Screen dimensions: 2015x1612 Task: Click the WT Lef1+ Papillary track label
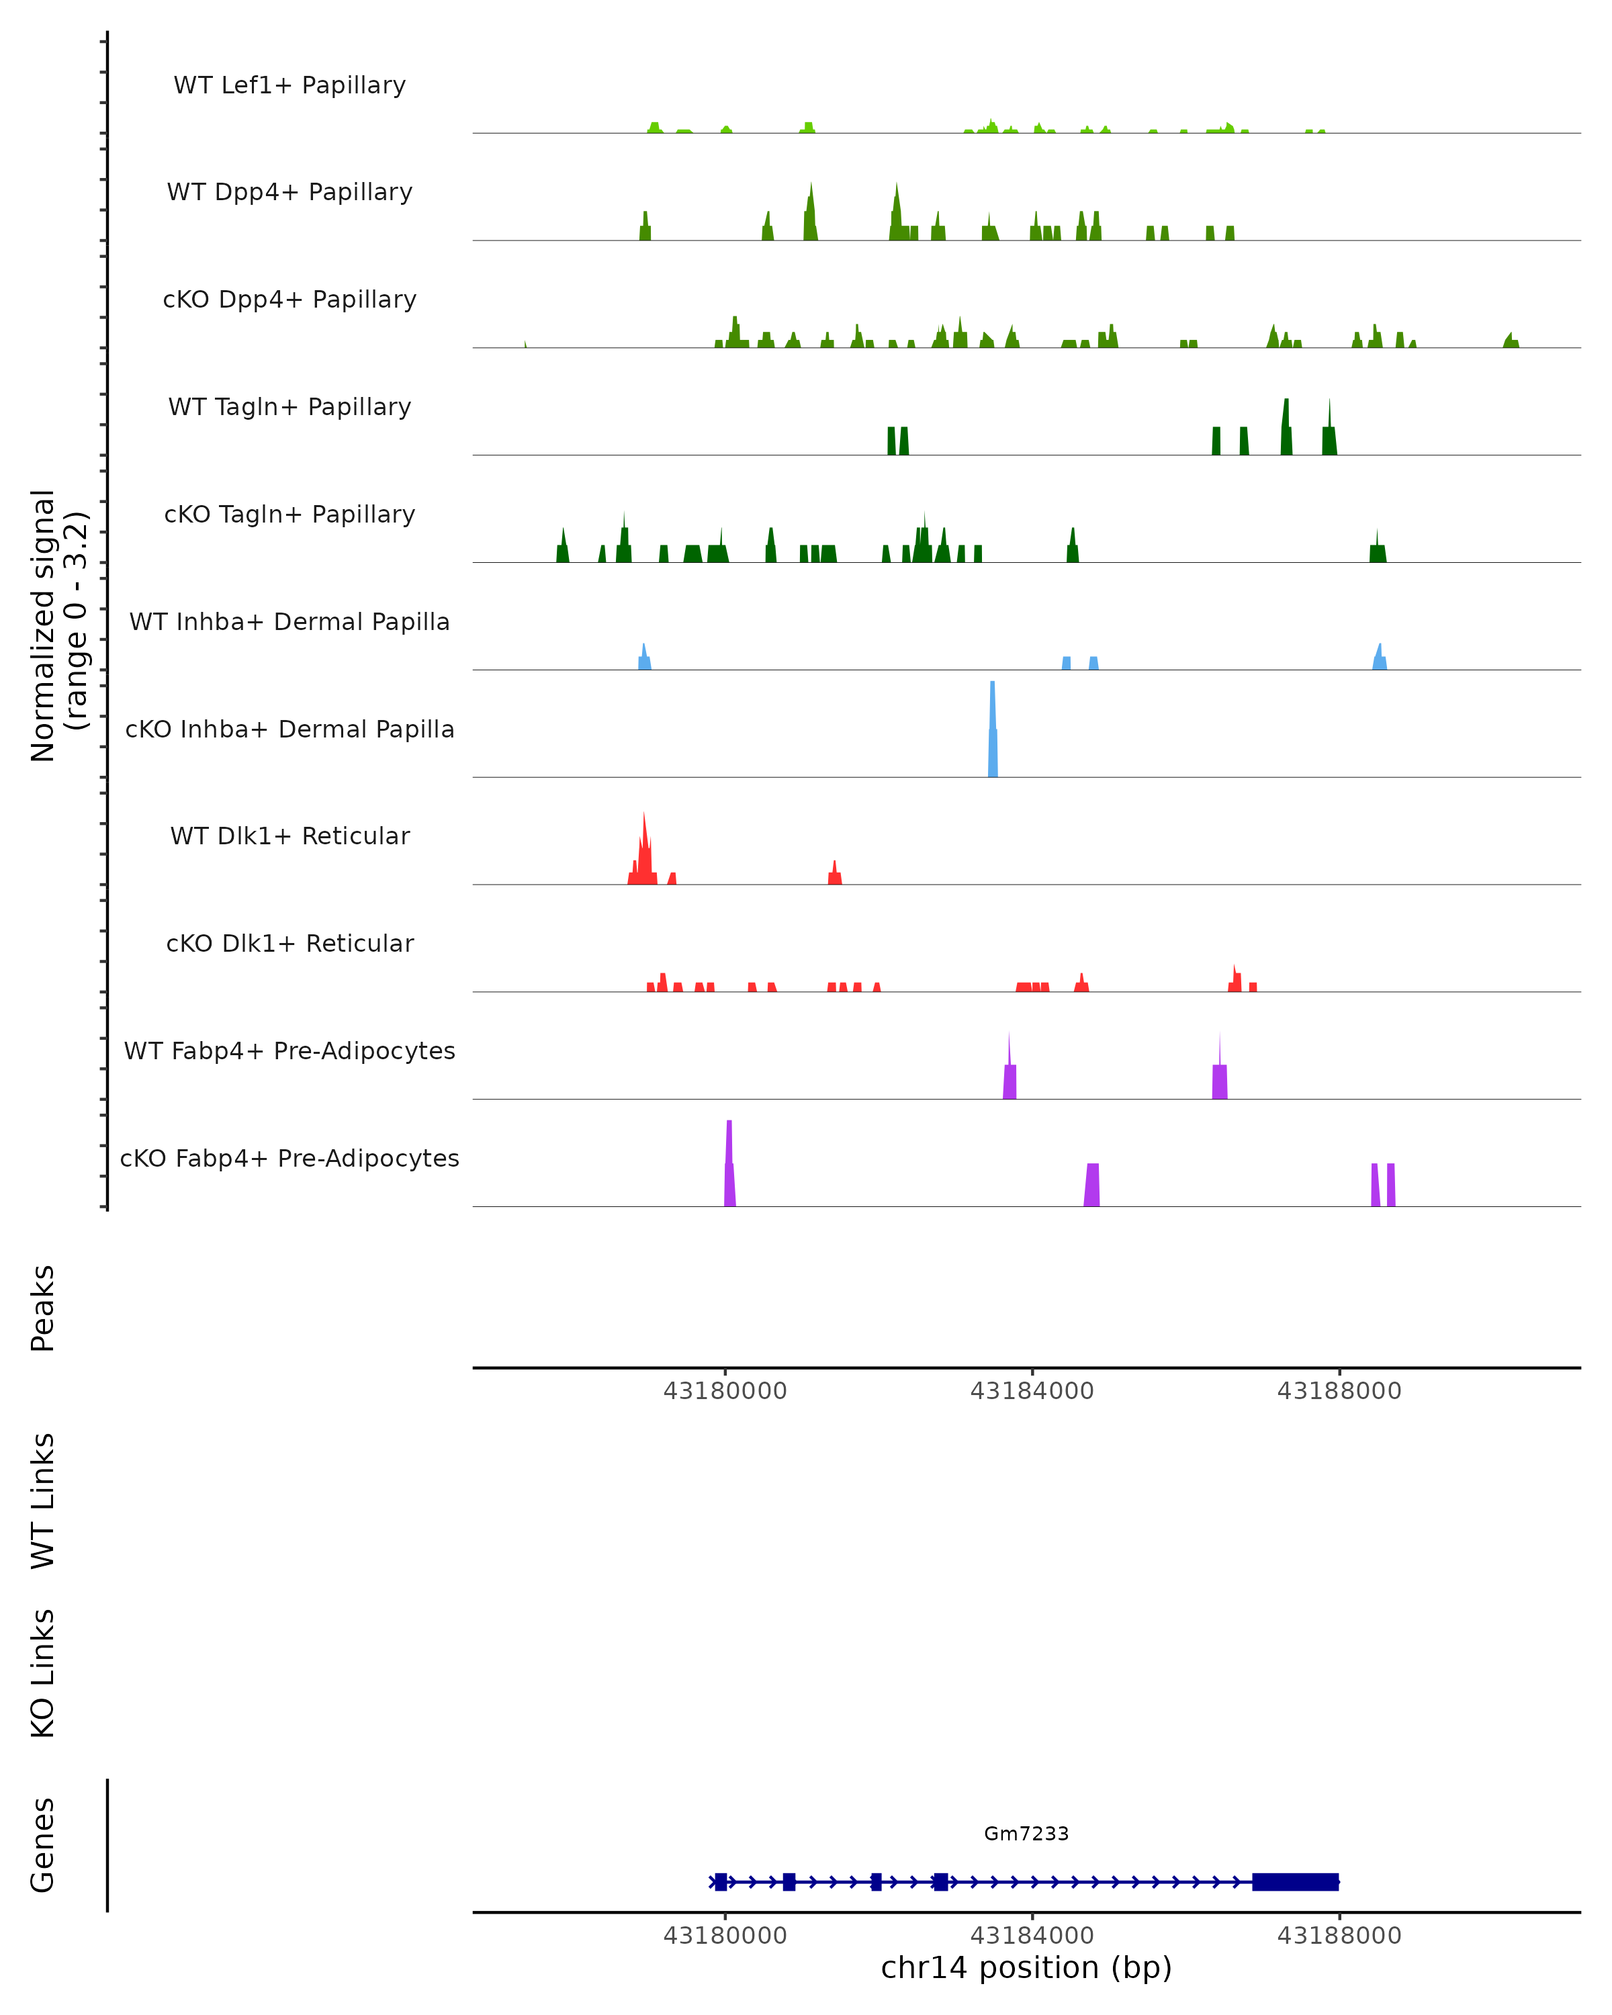[x=289, y=85]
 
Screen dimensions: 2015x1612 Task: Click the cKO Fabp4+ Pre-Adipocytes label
[x=289, y=1158]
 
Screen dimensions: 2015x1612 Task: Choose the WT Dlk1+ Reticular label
[x=289, y=836]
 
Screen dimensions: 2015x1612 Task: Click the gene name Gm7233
[x=1026, y=1834]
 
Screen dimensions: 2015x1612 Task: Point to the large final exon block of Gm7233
[x=1295, y=1881]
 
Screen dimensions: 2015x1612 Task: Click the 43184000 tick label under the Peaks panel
[x=1032, y=1391]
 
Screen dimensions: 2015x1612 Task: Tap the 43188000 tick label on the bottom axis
[x=1339, y=1936]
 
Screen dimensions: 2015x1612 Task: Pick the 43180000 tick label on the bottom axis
[x=725, y=1936]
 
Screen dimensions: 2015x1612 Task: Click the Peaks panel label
[x=43, y=1308]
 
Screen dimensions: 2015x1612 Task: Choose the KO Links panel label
[x=43, y=1673]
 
